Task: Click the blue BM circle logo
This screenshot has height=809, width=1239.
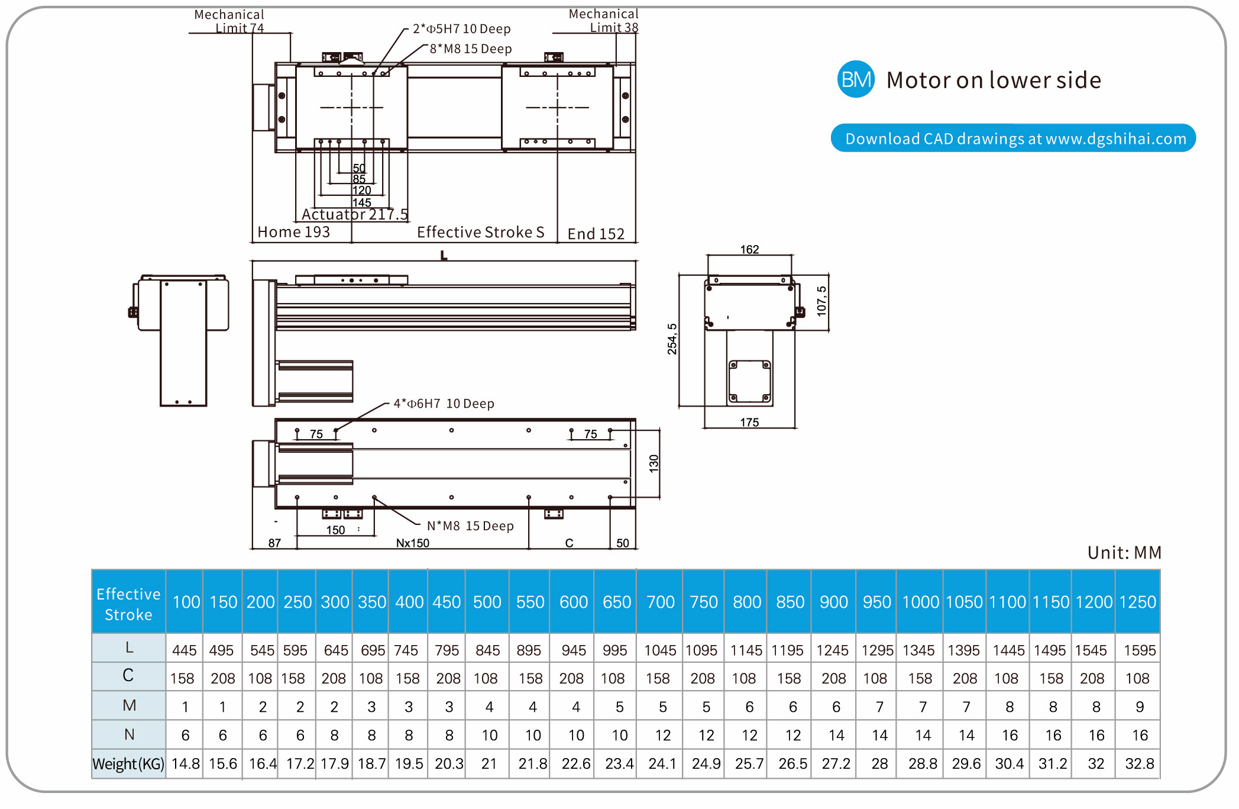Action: [x=856, y=79]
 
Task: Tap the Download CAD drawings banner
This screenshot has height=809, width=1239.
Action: [x=1013, y=138]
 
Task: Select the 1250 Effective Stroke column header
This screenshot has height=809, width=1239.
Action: [x=1137, y=602]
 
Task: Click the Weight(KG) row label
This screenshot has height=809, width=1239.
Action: [x=128, y=764]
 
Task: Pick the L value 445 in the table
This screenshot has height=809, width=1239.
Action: [x=185, y=650]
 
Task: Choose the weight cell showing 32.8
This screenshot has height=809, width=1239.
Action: [x=1139, y=764]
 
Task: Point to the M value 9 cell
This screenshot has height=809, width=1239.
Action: [x=1140, y=707]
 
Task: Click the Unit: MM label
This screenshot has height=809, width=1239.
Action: [x=1124, y=553]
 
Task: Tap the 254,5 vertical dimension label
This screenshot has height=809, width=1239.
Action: [x=672, y=339]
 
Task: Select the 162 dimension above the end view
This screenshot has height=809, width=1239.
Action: [x=749, y=250]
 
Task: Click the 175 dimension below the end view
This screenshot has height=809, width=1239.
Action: [x=749, y=423]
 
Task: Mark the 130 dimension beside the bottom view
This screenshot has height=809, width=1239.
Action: [x=654, y=463]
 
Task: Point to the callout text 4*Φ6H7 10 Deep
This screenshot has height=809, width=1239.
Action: [x=444, y=404]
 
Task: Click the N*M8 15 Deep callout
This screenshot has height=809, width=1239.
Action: [x=470, y=526]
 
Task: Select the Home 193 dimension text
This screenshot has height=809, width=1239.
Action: [x=293, y=232]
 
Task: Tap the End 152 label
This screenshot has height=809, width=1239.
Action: [x=596, y=234]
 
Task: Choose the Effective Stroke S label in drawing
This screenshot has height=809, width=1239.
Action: [x=480, y=232]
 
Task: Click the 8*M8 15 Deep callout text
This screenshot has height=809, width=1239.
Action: [x=470, y=49]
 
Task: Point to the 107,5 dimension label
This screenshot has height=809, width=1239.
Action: [x=821, y=301]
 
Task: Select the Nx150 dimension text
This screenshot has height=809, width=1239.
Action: [x=413, y=543]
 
